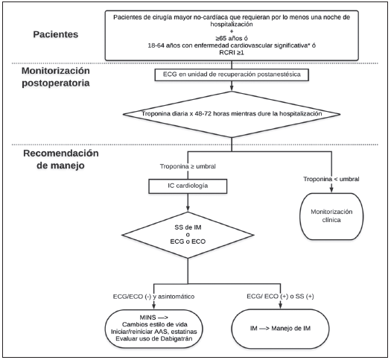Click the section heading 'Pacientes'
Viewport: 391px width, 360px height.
[56, 34]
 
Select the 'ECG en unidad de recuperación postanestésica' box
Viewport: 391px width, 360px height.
[232, 75]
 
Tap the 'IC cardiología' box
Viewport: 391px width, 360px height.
[188, 186]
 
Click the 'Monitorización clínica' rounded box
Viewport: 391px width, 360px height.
[331, 216]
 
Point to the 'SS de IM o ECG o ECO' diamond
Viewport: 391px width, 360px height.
[188, 235]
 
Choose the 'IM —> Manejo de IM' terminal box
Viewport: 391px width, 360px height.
[280, 329]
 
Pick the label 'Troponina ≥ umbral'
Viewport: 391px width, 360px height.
[188, 166]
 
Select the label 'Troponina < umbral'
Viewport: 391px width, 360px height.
[331, 179]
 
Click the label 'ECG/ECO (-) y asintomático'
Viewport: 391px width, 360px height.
[153, 297]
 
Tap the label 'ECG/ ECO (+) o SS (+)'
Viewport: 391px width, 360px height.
[280, 297]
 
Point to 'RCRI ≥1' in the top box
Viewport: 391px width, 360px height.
[232, 53]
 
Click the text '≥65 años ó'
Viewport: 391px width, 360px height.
[232, 39]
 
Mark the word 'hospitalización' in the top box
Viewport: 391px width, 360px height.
[232, 24]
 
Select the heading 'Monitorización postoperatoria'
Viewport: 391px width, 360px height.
[56, 77]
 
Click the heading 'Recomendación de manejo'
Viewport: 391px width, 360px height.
[61, 160]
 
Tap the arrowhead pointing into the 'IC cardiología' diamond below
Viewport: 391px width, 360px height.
[188, 209]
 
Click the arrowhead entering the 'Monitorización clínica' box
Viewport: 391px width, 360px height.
[331, 190]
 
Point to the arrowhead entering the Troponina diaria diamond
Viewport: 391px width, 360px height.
[232, 88]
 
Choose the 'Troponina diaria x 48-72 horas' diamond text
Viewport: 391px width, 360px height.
[232, 114]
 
